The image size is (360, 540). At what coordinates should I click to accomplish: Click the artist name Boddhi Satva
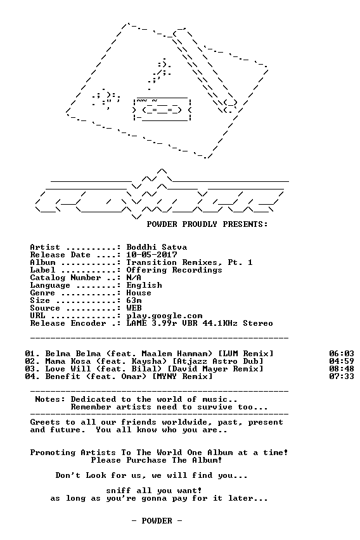[157, 247]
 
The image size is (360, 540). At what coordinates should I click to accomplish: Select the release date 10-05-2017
[151, 255]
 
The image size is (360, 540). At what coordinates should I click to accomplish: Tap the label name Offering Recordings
[174, 271]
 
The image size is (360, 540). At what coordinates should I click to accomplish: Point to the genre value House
[139, 293]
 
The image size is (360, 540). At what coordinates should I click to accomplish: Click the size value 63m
[134, 300]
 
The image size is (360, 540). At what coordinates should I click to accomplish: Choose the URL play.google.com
[164, 316]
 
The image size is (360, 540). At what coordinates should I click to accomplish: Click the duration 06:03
[342, 354]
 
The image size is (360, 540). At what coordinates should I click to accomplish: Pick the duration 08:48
[342, 369]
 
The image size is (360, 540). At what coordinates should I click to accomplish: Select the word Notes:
[50, 399]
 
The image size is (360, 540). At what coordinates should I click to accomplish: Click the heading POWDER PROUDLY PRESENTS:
[207, 224]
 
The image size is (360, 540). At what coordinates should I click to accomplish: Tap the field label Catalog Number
[65, 278]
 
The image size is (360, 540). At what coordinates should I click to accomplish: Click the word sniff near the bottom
[119, 491]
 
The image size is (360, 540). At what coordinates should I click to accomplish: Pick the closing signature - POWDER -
[157, 521]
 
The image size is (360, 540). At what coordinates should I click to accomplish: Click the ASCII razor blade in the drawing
[162, 110]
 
